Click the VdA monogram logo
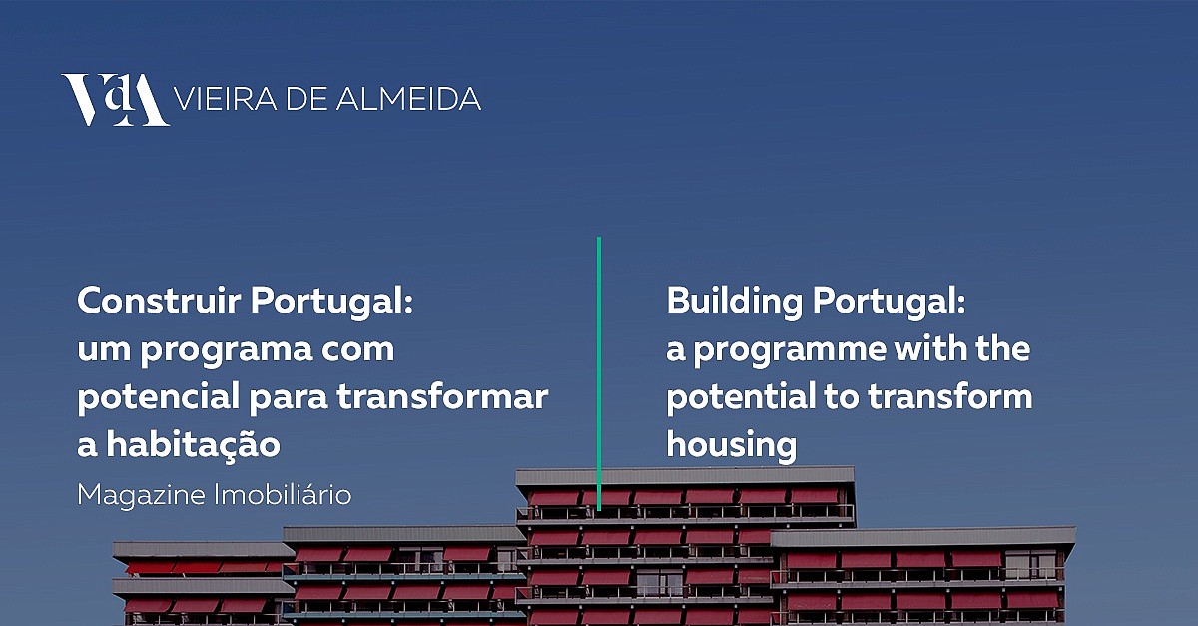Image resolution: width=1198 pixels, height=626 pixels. (115, 100)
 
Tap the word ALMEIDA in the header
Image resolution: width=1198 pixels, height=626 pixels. (408, 99)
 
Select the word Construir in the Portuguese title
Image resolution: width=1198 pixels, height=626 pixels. (159, 301)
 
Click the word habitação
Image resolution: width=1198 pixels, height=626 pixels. (193, 445)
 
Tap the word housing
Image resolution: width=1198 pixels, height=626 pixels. (732, 445)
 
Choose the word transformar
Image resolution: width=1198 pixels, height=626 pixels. (442, 397)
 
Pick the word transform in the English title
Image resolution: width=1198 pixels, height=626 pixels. (949, 396)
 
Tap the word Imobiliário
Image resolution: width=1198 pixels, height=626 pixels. (283, 494)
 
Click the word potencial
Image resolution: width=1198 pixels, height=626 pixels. (159, 398)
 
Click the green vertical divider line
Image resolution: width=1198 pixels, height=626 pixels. (599, 373)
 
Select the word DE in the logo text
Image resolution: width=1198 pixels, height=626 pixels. (306, 99)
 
